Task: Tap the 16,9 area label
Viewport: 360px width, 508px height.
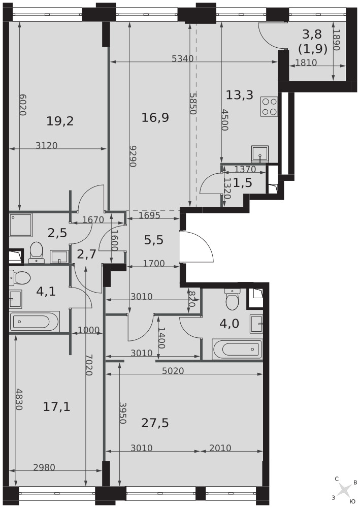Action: point(155,117)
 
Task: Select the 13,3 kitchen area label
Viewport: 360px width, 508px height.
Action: point(239,96)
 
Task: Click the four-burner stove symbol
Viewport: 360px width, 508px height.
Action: point(269,107)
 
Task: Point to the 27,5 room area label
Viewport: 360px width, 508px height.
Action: point(155,423)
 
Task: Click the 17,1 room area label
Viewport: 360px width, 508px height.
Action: point(57,406)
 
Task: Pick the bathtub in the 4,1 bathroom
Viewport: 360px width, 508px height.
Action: point(35,322)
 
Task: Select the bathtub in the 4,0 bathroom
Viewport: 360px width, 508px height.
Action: point(237,350)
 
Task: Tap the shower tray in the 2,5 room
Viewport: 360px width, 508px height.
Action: point(21,225)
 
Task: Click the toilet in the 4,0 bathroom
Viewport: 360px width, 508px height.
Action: point(233,299)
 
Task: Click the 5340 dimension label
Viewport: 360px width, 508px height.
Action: point(183,58)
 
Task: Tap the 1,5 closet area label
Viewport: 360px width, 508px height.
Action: point(243,183)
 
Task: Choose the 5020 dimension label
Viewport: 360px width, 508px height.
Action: point(173,371)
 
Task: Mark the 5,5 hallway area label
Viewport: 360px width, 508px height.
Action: point(154,240)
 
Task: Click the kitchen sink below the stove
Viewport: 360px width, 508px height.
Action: point(260,154)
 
